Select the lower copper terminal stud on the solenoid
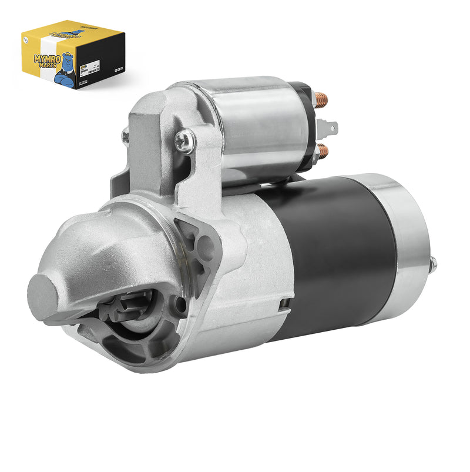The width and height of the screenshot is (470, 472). (x=323, y=152)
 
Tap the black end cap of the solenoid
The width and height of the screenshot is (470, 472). (x=305, y=126)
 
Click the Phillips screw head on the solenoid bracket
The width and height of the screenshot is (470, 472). (x=185, y=142)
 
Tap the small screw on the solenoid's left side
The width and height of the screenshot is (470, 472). (x=125, y=136)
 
